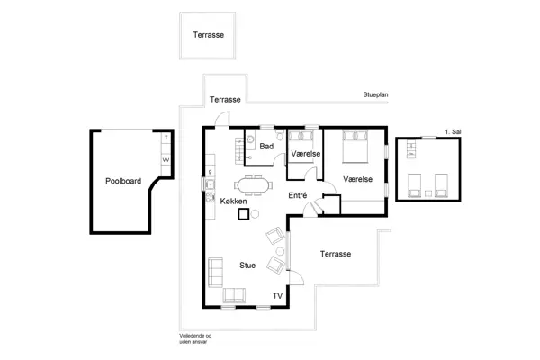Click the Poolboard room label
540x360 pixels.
click(x=123, y=181)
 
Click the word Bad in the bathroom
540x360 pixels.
click(x=266, y=146)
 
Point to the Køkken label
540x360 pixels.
click(x=233, y=202)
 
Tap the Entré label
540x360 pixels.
click(x=298, y=195)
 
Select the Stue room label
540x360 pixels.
click(x=247, y=265)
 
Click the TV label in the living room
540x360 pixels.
click(x=277, y=296)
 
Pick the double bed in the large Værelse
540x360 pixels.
click(x=355, y=145)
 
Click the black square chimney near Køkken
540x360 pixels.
click(x=242, y=215)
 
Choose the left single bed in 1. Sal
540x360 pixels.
click(x=412, y=184)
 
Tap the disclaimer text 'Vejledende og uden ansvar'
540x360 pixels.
click(x=194, y=337)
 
